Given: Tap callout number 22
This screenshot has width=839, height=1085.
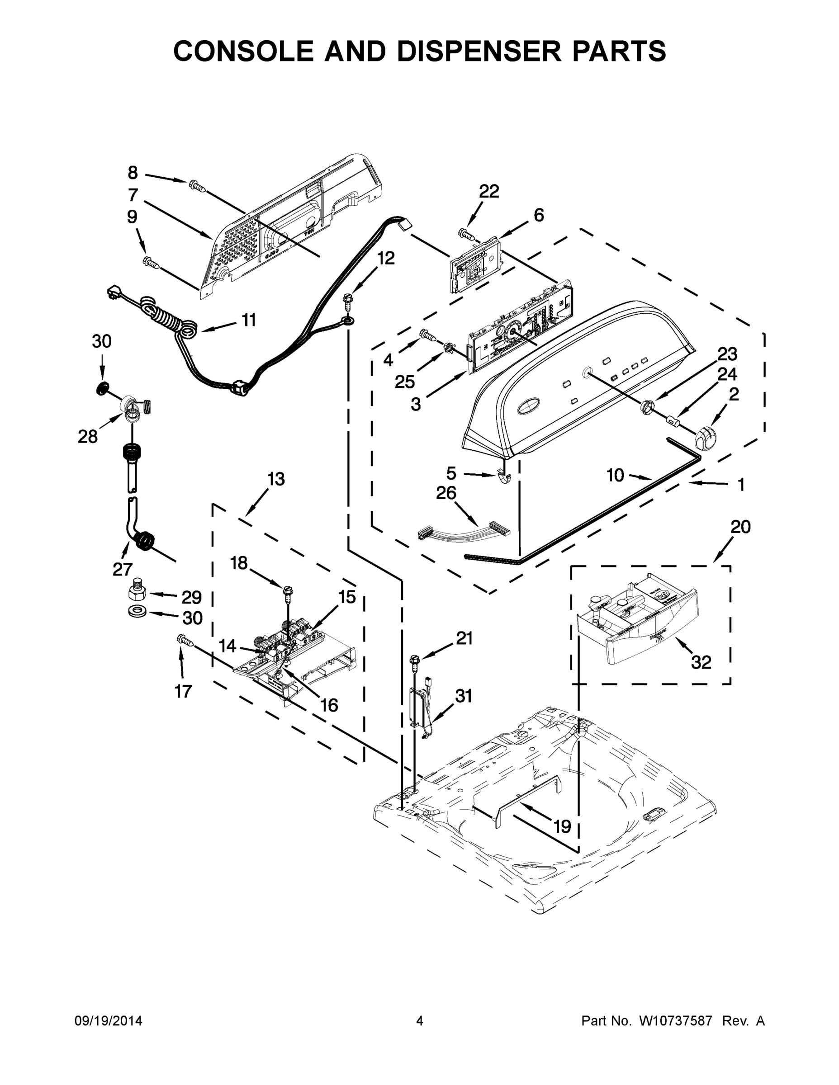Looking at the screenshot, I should [488, 191].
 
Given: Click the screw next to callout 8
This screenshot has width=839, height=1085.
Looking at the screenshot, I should [197, 187].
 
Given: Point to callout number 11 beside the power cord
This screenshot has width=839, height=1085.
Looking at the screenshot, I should [248, 321].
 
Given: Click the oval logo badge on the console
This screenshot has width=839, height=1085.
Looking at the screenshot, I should [531, 408].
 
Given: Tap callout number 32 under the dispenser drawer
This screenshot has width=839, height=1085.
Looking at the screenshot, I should [701, 662].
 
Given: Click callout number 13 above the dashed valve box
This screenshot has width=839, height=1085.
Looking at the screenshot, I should [276, 479].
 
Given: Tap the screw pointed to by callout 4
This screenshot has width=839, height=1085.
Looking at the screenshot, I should [427, 335].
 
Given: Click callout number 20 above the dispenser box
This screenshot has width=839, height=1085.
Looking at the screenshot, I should [740, 527].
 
